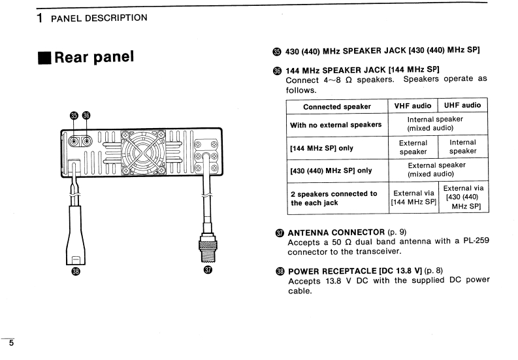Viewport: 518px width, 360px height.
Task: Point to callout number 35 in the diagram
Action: tap(74, 116)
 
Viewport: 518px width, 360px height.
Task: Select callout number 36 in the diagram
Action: tap(86, 116)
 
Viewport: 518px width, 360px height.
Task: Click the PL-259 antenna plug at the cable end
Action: tap(209, 248)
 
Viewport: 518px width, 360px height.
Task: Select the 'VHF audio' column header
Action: tap(413, 105)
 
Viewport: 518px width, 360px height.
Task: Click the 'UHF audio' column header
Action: tap(462, 105)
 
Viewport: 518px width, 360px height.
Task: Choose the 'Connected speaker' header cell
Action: tap(336, 106)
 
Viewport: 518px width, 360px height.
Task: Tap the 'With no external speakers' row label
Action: tap(336, 125)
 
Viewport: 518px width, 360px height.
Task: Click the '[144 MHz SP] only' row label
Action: tap(321, 148)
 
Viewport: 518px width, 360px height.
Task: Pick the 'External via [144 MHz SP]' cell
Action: tap(413, 197)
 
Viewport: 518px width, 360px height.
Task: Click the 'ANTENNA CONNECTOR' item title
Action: tap(336, 232)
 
